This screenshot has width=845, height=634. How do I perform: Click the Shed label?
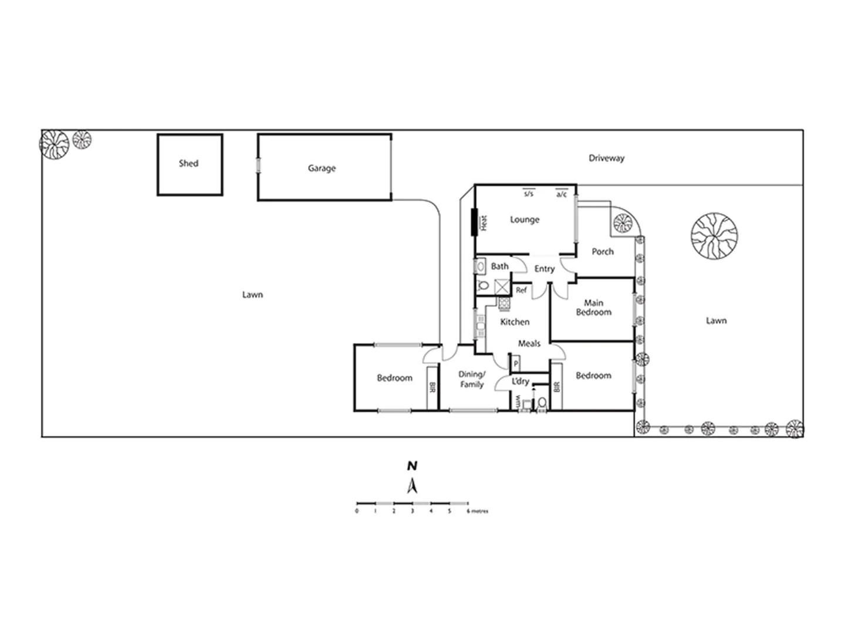click(x=188, y=163)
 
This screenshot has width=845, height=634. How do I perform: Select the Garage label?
click(x=322, y=168)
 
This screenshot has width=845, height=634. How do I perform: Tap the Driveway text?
click(x=606, y=158)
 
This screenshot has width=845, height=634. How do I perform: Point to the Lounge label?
click(x=524, y=220)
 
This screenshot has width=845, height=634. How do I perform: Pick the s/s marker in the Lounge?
click(x=528, y=193)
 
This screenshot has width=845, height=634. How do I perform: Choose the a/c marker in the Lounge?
click(x=562, y=193)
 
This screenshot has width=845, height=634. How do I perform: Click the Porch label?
click(x=602, y=251)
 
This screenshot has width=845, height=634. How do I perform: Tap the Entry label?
click(x=544, y=268)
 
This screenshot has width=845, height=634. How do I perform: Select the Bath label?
click(x=499, y=266)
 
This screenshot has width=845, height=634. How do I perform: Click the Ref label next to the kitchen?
click(x=521, y=290)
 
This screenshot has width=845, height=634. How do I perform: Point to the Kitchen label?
click(x=515, y=322)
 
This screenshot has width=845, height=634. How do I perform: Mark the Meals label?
click(x=529, y=343)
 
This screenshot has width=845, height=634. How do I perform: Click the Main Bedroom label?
click(x=593, y=308)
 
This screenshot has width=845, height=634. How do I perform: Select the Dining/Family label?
click(x=471, y=379)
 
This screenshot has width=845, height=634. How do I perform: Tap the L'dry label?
click(x=520, y=381)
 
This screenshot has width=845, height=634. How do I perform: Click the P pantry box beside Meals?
click(x=516, y=364)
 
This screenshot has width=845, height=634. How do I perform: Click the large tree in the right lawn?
click(x=714, y=236)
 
